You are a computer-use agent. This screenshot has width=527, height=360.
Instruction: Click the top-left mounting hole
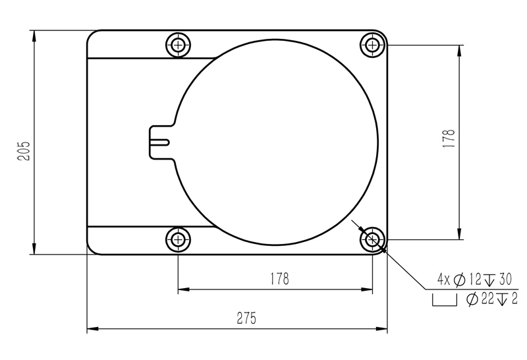[178, 45]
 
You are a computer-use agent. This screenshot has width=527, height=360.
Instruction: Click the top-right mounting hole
[373, 45]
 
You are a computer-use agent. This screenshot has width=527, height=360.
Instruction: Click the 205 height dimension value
[24, 152]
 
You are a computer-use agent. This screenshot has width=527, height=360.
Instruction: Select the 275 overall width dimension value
[246, 318]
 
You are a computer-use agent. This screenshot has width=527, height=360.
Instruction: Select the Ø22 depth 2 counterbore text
[491, 299]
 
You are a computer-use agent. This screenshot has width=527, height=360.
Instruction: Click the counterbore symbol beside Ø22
[445, 301]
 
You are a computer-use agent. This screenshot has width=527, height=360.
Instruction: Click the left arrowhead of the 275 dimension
[92, 328]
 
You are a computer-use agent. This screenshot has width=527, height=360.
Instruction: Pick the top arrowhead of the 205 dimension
[33, 34]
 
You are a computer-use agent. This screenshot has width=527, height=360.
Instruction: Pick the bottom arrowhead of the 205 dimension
[33, 250]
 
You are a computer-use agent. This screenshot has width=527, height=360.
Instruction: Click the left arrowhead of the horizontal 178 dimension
[182, 289]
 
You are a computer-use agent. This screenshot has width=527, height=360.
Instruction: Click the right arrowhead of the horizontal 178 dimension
[368, 289]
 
